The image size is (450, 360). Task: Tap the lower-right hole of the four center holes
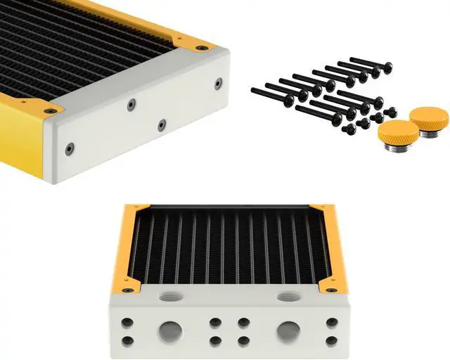click(x=243, y=340)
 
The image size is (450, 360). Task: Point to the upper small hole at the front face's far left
click(x=128, y=323)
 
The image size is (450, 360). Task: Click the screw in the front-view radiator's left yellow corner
click(x=127, y=290)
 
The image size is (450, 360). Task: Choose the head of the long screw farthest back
click(x=387, y=67)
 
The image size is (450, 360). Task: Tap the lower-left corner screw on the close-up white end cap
click(x=68, y=148)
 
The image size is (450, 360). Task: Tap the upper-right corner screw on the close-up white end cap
click(x=218, y=84)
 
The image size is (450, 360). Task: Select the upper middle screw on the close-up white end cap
click(x=131, y=105)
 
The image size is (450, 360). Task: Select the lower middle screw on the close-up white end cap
click(x=162, y=126)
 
